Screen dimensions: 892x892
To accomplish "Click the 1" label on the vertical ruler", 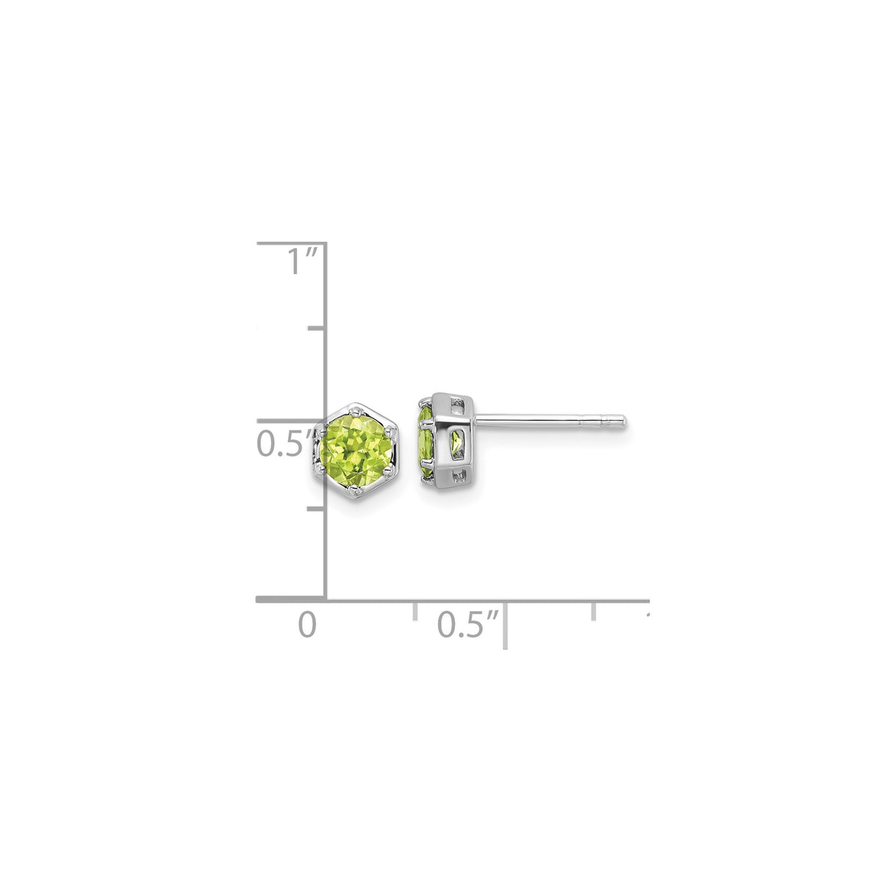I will [301, 261].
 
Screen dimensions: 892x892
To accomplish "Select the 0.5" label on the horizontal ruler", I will [468, 625].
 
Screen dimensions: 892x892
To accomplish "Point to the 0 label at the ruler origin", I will [307, 625].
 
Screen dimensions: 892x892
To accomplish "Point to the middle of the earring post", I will [551, 422].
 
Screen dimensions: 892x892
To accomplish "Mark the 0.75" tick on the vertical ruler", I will [317, 328].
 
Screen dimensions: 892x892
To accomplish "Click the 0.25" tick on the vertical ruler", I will [317, 508].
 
